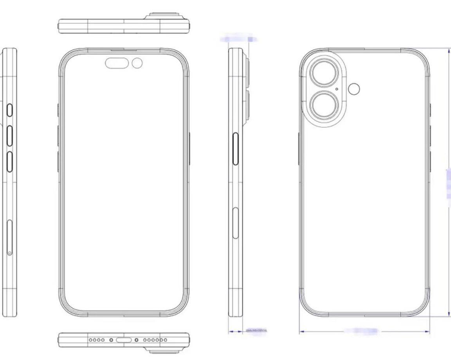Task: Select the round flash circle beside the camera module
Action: [x=354, y=89]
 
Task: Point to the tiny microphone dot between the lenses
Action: [x=337, y=89]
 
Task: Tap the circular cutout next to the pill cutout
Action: [x=137, y=63]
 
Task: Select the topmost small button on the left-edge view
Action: [x=9, y=111]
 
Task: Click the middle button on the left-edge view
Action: [x=9, y=136]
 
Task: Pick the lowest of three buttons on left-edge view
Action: [x=9, y=162]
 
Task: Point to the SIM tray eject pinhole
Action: [x=10, y=253]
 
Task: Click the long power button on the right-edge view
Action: [x=236, y=149]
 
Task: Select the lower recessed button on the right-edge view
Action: [x=235, y=223]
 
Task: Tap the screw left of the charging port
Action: [x=111, y=340]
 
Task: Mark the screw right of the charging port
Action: [x=136, y=340]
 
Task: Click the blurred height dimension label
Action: [x=449, y=184]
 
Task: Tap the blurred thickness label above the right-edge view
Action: [x=238, y=39]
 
